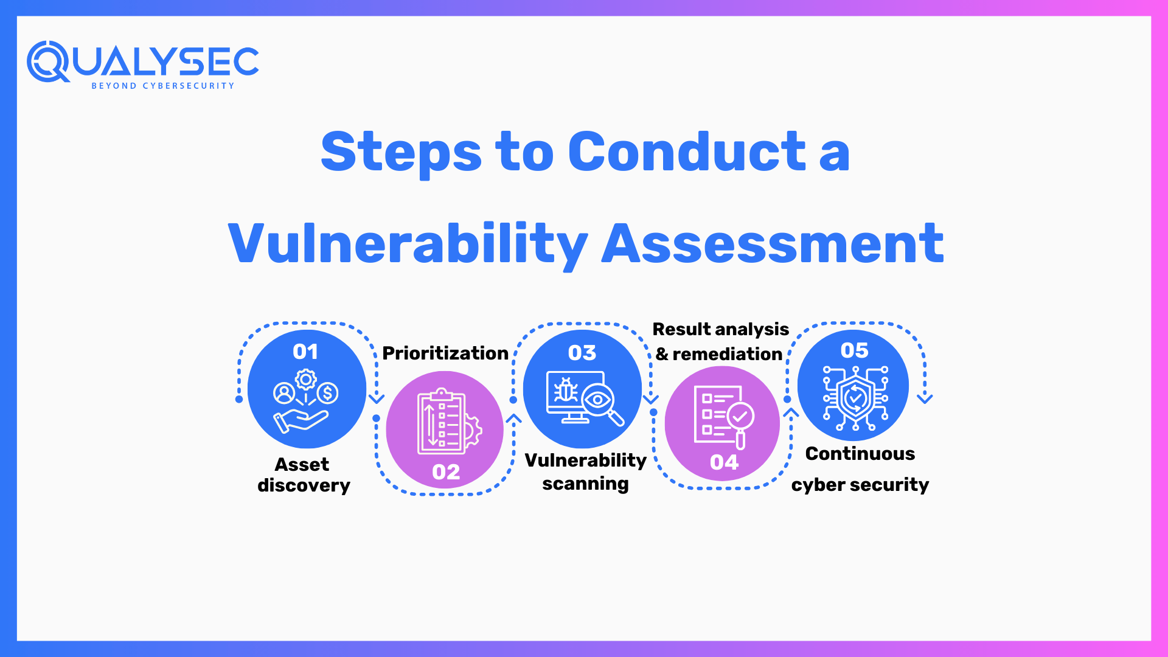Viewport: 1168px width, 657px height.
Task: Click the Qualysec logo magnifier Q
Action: [x=47, y=61]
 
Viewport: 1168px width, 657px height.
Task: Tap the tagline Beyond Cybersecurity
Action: [x=162, y=86]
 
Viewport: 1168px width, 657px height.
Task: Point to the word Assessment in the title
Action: [x=773, y=244]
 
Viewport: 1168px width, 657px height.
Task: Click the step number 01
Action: [x=305, y=352]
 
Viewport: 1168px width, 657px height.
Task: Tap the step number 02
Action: [x=446, y=472]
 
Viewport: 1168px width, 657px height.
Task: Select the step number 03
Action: [x=582, y=353]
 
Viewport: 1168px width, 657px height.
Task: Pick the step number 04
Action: [x=724, y=462]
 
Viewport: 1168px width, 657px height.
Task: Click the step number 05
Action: [x=855, y=350]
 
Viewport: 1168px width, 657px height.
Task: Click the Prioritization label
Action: [x=445, y=353]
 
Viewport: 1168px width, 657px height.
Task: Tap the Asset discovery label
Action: [x=304, y=474]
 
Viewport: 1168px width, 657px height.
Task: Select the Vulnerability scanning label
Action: [x=585, y=471]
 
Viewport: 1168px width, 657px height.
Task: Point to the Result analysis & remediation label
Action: [x=720, y=341]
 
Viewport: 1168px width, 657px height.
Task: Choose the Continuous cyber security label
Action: [x=860, y=469]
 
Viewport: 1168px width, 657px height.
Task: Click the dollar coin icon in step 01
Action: [x=327, y=393]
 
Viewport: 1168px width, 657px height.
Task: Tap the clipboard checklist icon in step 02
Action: [x=442, y=422]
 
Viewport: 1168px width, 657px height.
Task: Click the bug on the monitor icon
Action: [x=566, y=391]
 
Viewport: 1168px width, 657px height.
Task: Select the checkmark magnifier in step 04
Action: [x=740, y=417]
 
